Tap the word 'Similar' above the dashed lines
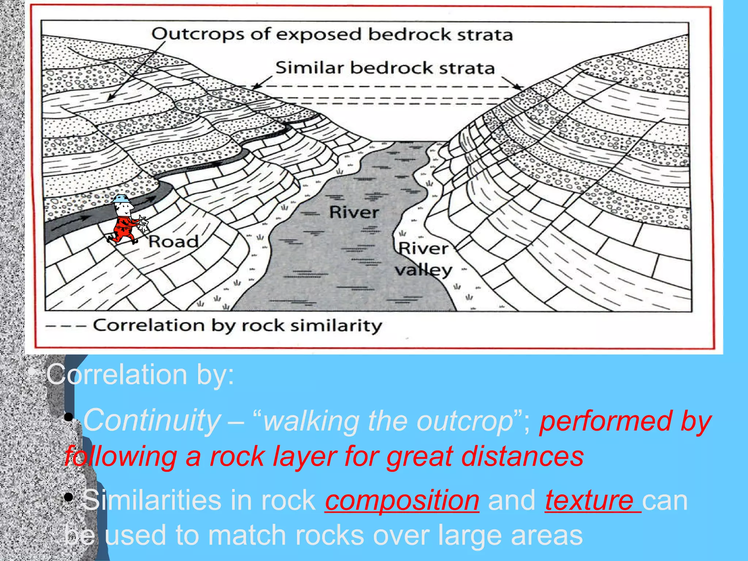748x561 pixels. tap(310, 68)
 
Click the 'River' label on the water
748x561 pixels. tap(354, 213)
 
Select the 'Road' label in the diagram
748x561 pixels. tap(173, 241)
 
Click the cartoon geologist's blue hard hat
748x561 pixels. tap(121, 199)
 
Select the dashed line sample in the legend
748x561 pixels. tap(66, 325)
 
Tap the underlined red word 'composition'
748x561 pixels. tap(402, 500)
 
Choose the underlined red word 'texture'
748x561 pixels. tap(589, 500)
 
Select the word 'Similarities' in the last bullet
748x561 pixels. tap(152, 500)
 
